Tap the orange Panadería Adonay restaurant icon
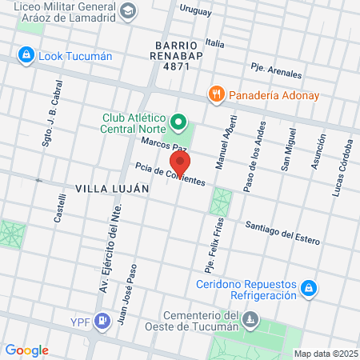pyautogui.click(x=216, y=94)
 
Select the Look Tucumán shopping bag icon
pyautogui.click(x=26, y=56)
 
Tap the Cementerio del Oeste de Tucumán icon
pyautogui.click(x=251, y=320)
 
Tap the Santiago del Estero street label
pyautogui.click(x=282, y=232)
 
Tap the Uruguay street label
pyautogui.click(x=195, y=11)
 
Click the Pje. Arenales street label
pyautogui.click(x=275, y=70)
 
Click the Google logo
pyautogui.click(x=26, y=350)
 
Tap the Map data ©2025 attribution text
pyautogui.click(x=325, y=354)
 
